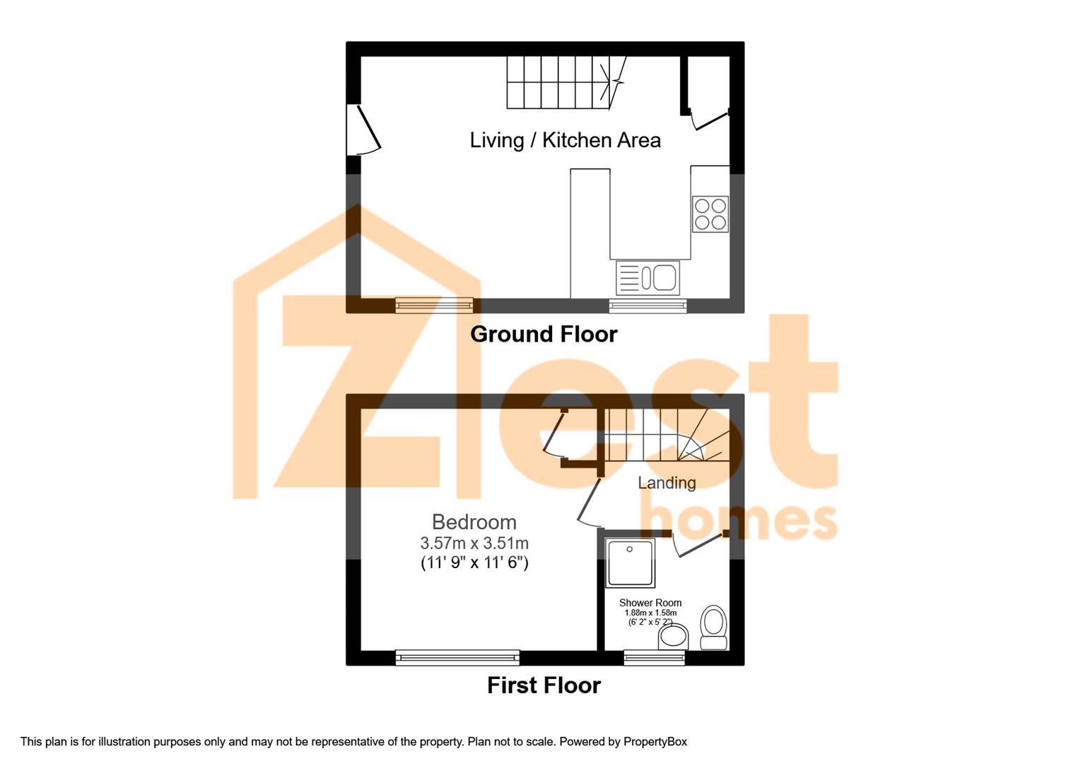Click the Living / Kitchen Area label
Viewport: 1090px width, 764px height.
click(x=565, y=140)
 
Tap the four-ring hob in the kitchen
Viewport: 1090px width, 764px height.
click(x=710, y=214)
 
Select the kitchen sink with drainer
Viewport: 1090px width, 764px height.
click(x=647, y=277)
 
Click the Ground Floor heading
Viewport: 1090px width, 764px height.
click(x=544, y=334)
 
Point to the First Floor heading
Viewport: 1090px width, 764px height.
click(x=544, y=685)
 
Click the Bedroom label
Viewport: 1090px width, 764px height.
click(x=474, y=522)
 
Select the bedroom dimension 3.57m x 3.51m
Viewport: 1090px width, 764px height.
click(x=474, y=543)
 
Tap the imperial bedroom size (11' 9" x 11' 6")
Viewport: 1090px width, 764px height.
click(x=474, y=563)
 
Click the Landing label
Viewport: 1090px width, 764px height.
click(x=667, y=483)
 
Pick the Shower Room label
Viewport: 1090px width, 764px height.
click(x=650, y=603)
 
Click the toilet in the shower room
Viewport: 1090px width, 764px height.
click(x=713, y=627)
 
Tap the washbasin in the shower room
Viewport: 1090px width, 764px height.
click(x=673, y=637)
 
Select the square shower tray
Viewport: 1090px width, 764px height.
click(x=631, y=563)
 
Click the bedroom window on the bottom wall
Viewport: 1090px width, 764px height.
click(x=457, y=658)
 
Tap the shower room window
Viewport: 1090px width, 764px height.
click(x=654, y=658)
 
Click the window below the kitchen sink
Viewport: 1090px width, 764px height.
click(x=647, y=306)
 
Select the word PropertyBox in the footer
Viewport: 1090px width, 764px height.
click(x=655, y=741)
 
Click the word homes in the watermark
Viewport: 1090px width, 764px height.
click(x=738, y=522)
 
